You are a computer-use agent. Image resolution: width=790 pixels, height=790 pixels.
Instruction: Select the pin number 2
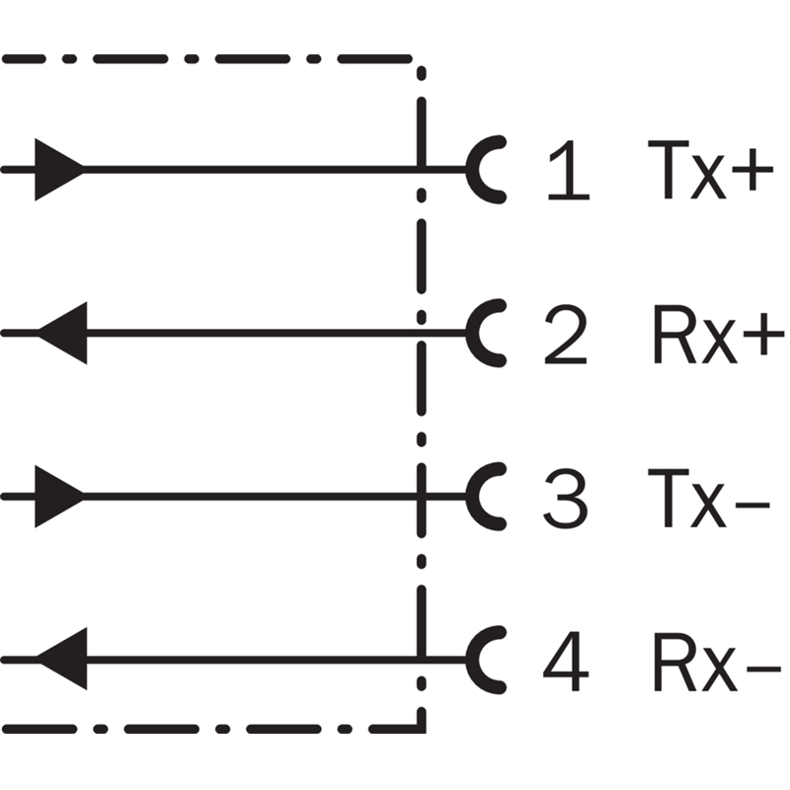tap(565, 334)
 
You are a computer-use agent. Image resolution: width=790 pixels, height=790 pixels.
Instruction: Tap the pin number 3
tap(565, 497)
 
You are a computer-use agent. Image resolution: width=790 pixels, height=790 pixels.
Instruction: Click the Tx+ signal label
tap(708, 170)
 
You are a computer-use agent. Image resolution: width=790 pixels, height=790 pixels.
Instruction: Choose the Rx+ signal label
tap(715, 334)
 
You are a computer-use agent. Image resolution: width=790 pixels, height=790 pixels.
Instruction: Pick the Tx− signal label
tap(708, 497)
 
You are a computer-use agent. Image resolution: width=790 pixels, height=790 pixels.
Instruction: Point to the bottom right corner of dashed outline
tap(422, 731)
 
